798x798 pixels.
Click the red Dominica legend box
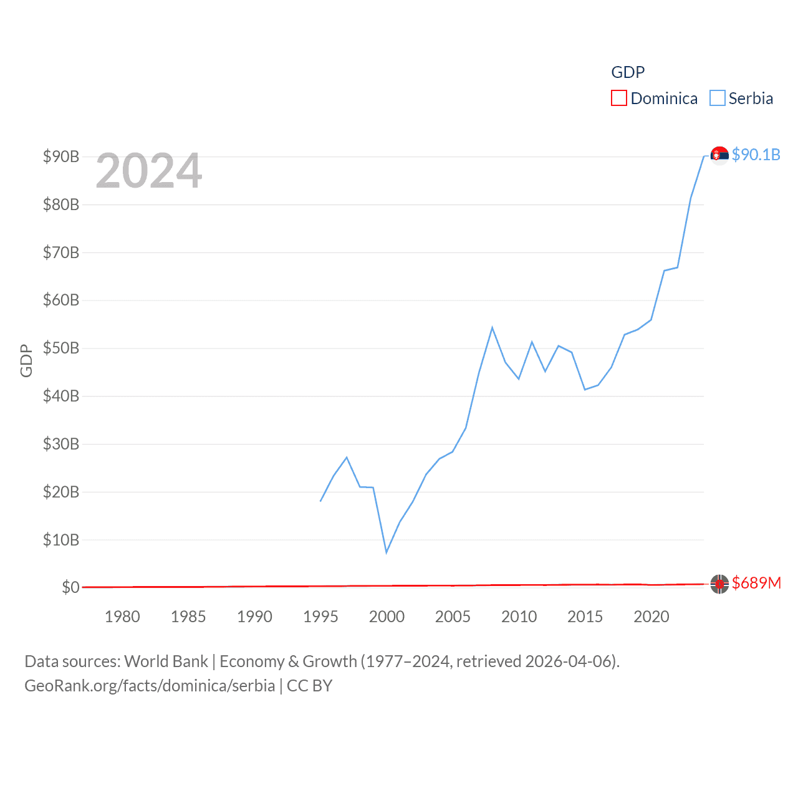(x=618, y=99)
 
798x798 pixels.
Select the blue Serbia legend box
(x=718, y=99)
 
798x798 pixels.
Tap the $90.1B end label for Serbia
(x=756, y=155)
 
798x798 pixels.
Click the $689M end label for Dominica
(x=756, y=583)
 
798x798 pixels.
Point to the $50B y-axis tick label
(x=61, y=348)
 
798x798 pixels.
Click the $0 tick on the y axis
(x=70, y=587)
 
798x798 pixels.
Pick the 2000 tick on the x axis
(x=387, y=617)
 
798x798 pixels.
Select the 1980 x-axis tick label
(x=122, y=617)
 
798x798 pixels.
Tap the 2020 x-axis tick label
(x=651, y=617)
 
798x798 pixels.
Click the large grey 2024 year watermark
(x=149, y=171)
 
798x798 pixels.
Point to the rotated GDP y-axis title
(x=26, y=360)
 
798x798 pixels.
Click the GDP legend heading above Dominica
(x=628, y=72)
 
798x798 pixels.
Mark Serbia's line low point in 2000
(x=387, y=552)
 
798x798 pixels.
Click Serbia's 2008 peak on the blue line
(x=492, y=327)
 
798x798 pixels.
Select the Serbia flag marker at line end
(x=719, y=155)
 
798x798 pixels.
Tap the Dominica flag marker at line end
(x=719, y=584)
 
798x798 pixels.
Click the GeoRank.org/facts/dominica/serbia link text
(x=150, y=686)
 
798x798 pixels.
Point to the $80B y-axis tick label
(x=61, y=204)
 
